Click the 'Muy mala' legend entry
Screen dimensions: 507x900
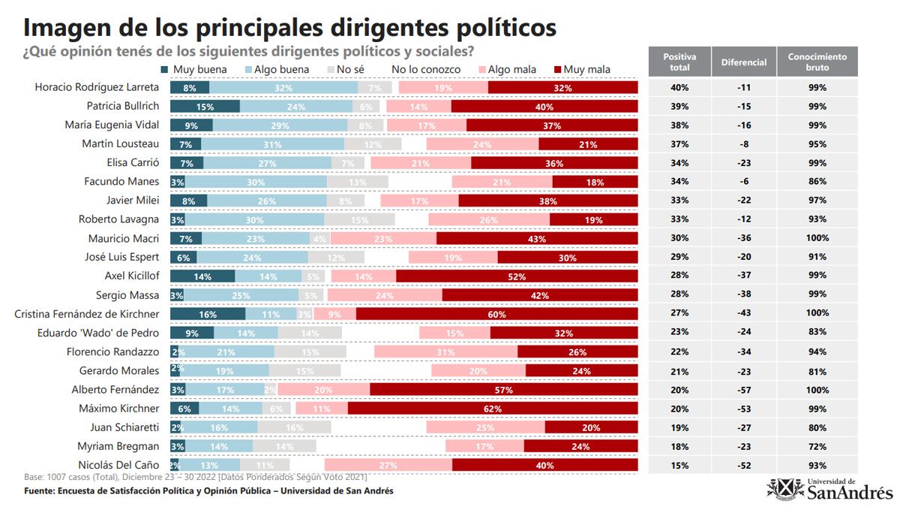pos(586,69)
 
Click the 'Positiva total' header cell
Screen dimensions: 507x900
pos(679,62)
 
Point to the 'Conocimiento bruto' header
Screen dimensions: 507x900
pos(817,62)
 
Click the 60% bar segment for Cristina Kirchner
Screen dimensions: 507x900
pos(496,314)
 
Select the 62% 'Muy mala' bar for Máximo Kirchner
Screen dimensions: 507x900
pos(493,409)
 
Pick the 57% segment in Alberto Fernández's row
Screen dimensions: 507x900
pos(503,390)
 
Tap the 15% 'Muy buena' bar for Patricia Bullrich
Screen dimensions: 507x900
pos(205,107)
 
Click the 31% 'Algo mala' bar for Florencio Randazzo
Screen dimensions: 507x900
pos(445,352)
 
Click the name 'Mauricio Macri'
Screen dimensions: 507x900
pos(123,238)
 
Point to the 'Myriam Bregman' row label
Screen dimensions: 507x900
pos(120,446)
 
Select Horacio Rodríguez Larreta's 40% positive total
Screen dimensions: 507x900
pos(679,88)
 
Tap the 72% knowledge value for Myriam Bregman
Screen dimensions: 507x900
pos(817,446)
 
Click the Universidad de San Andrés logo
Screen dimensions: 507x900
pos(829,488)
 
